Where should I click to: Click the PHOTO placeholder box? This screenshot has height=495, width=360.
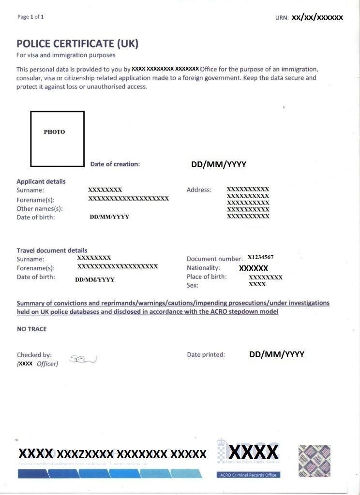tap(57, 139)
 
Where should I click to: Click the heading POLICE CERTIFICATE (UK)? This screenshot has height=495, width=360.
tap(77, 44)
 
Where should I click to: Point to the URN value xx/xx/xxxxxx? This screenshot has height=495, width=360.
tap(317, 17)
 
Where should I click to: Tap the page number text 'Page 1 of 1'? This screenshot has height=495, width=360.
tap(30, 17)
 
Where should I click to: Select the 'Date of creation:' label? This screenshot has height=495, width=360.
tap(115, 164)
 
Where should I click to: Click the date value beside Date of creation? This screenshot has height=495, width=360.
tap(219, 164)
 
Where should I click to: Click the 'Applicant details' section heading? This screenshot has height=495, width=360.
tap(41, 181)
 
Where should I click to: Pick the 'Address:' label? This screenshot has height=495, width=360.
tap(199, 190)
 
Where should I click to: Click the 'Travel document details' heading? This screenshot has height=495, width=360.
tap(52, 250)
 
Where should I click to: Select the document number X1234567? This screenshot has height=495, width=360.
tap(264, 257)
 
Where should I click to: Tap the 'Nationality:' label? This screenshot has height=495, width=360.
tap(203, 268)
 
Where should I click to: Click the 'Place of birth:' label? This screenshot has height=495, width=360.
tap(206, 277)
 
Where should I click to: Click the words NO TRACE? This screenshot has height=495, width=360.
tap(32, 329)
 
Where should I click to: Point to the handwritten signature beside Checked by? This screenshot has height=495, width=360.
tap(83, 359)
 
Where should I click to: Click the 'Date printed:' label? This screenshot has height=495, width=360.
tap(206, 355)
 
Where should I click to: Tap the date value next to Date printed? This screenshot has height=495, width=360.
tap(276, 354)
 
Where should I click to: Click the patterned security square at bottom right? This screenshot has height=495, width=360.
tap(315, 461)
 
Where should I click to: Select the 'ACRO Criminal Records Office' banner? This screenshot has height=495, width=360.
tap(248, 475)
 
